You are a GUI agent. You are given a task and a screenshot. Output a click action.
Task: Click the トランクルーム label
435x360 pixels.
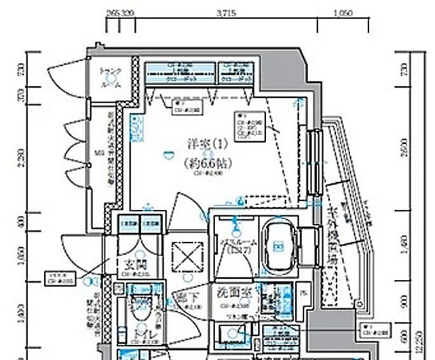[x=109, y=78]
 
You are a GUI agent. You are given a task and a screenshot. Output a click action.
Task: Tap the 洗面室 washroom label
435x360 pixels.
[x=232, y=296]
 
